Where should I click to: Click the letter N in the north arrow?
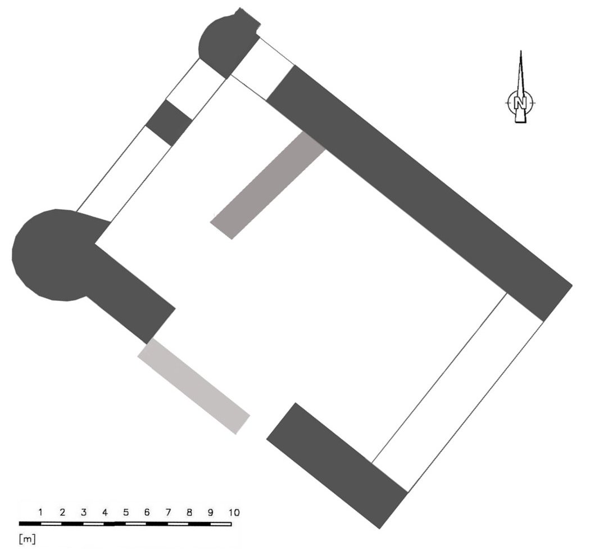[520, 102]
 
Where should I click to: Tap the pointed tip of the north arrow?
[521, 51]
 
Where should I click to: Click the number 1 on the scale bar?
[40, 512]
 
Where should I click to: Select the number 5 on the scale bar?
[126, 512]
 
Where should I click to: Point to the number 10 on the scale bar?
[234, 512]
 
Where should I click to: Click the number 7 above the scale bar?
[168, 512]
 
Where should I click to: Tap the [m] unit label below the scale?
[27, 539]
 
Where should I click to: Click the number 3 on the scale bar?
[84, 512]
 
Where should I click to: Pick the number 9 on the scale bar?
[211, 512]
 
